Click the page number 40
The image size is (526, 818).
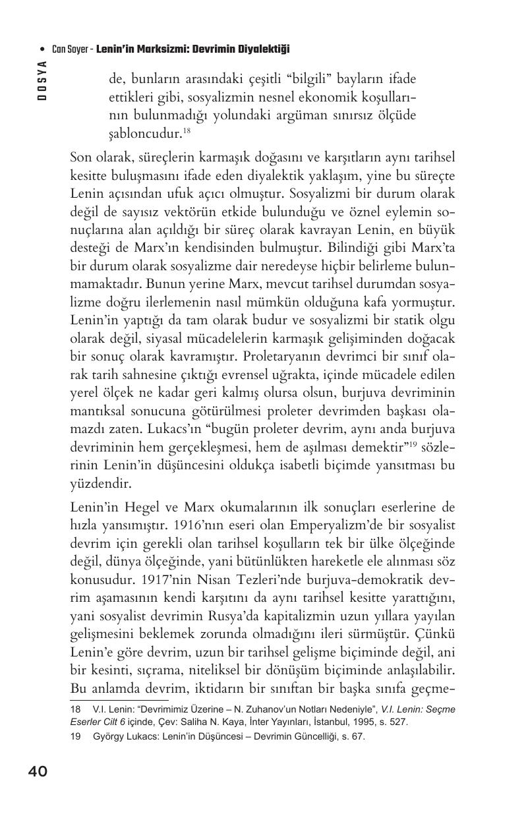pos(38,771)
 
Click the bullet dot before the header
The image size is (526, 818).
pos(42,49)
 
